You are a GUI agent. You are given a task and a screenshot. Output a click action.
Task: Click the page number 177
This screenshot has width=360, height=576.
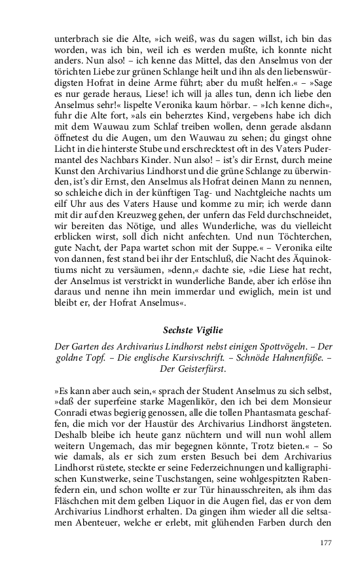[x=325, y=543]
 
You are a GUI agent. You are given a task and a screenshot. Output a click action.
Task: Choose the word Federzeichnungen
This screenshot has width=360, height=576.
[x=218, y=472]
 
